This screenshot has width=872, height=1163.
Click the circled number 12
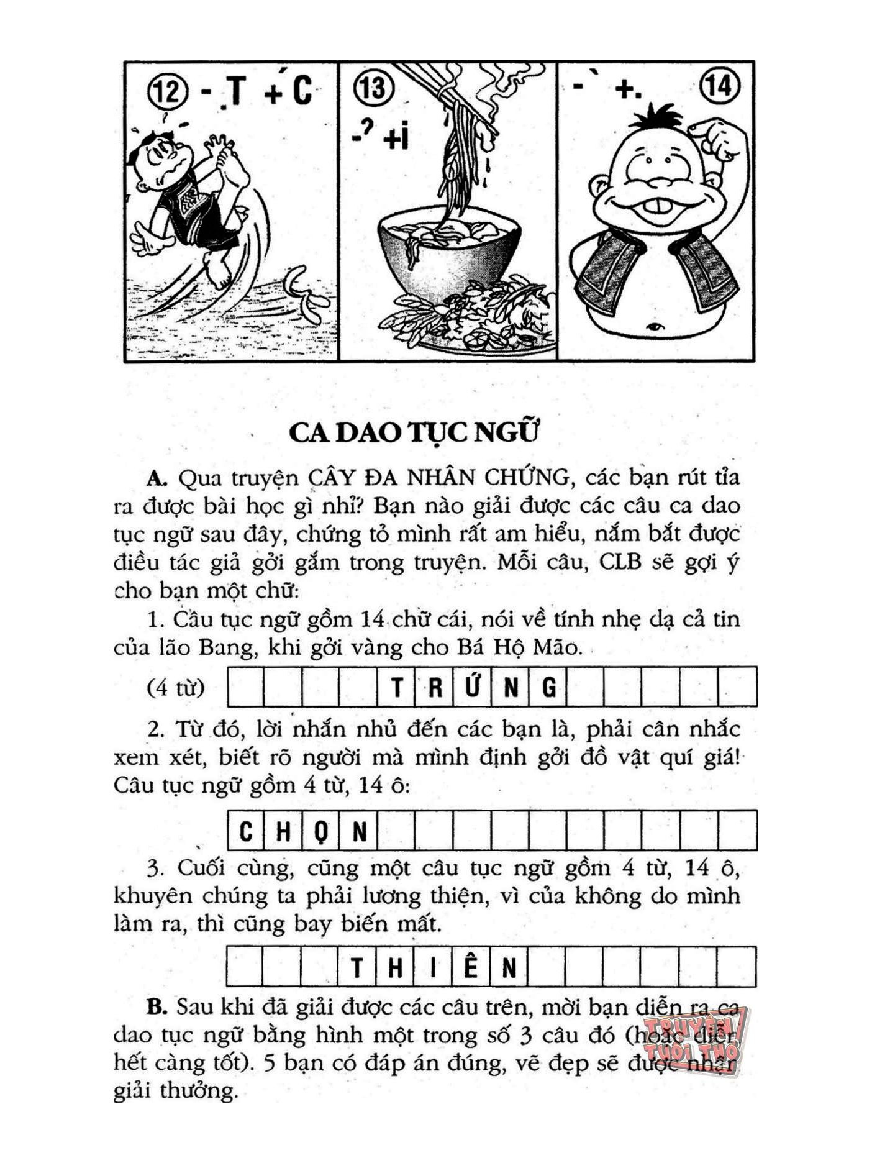click(x=166, y=92)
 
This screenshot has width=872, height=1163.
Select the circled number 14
click(x=720, y=85)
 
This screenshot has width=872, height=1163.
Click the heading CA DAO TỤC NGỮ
click(x=413, y=432)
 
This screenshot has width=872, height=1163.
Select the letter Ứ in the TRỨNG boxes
click(x=472, y=686)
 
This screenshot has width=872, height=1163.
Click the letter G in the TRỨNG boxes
click(x=549, y=688)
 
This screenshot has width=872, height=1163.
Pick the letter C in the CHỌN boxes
click(x=246, y=831)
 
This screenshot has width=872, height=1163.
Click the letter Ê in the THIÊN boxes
click(x=471, y=967)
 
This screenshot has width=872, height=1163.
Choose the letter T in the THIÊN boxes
click(x=357, y=968)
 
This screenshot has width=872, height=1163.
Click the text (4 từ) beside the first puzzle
click(x=176, y=688)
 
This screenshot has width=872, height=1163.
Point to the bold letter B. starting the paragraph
click(x=157, y=1007)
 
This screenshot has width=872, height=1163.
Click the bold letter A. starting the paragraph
click(x=157, y=478)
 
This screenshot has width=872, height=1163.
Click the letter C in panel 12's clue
click(x=302, y=91)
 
